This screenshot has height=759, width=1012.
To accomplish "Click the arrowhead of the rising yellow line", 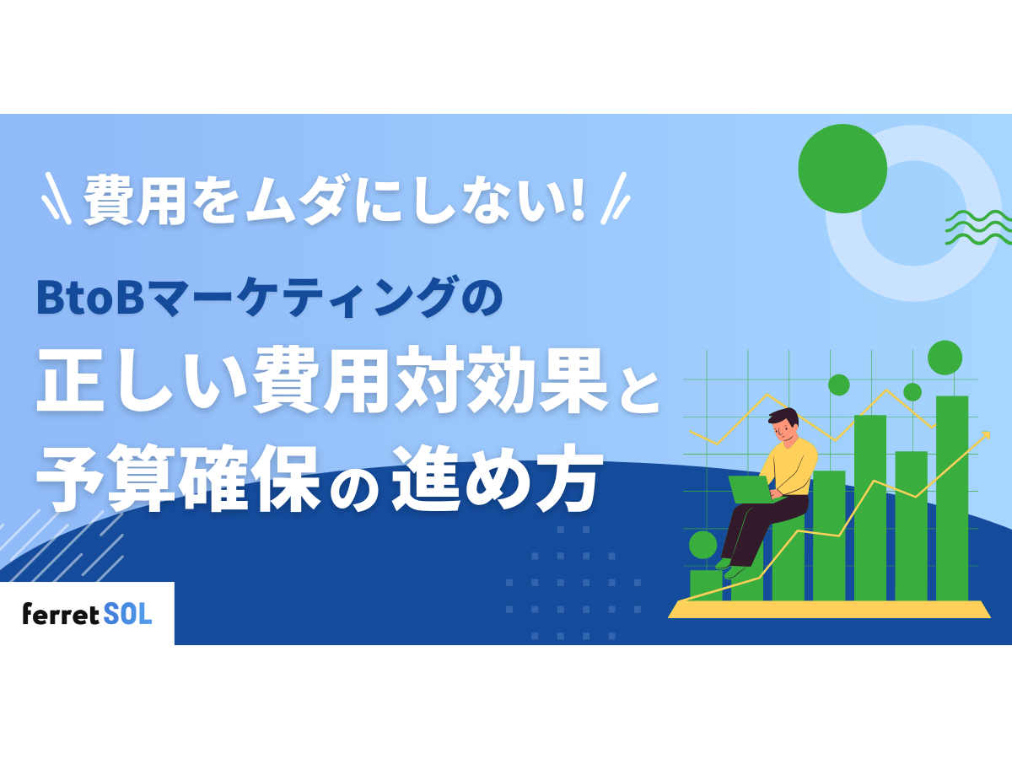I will (984, 435).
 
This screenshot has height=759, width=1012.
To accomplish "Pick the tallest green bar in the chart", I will (951, 498).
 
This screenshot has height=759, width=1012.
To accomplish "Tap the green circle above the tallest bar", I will (945, 358).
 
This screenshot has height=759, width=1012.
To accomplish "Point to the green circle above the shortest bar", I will (702, 545).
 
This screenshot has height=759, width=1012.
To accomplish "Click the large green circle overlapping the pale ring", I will (842, 169).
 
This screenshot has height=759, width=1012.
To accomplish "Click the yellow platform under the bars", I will (831, 609).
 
